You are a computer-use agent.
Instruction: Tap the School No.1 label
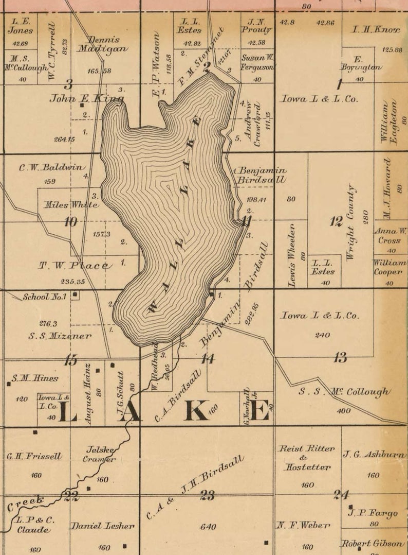point(45,297)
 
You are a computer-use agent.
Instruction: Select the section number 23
point(208,495)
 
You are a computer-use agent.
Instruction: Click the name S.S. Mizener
point(60,336)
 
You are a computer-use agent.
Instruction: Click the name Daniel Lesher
point(102,526)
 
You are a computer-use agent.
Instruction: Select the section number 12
point(336,222)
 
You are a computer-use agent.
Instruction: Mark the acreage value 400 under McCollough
point(343,411)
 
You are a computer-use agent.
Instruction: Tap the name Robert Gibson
point(373,544)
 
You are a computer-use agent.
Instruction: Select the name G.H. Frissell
point(34,456)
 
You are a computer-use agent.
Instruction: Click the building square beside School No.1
point(76,295)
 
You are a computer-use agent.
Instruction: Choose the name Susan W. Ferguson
point(257,62)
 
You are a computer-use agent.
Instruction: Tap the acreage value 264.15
point(64,139)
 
